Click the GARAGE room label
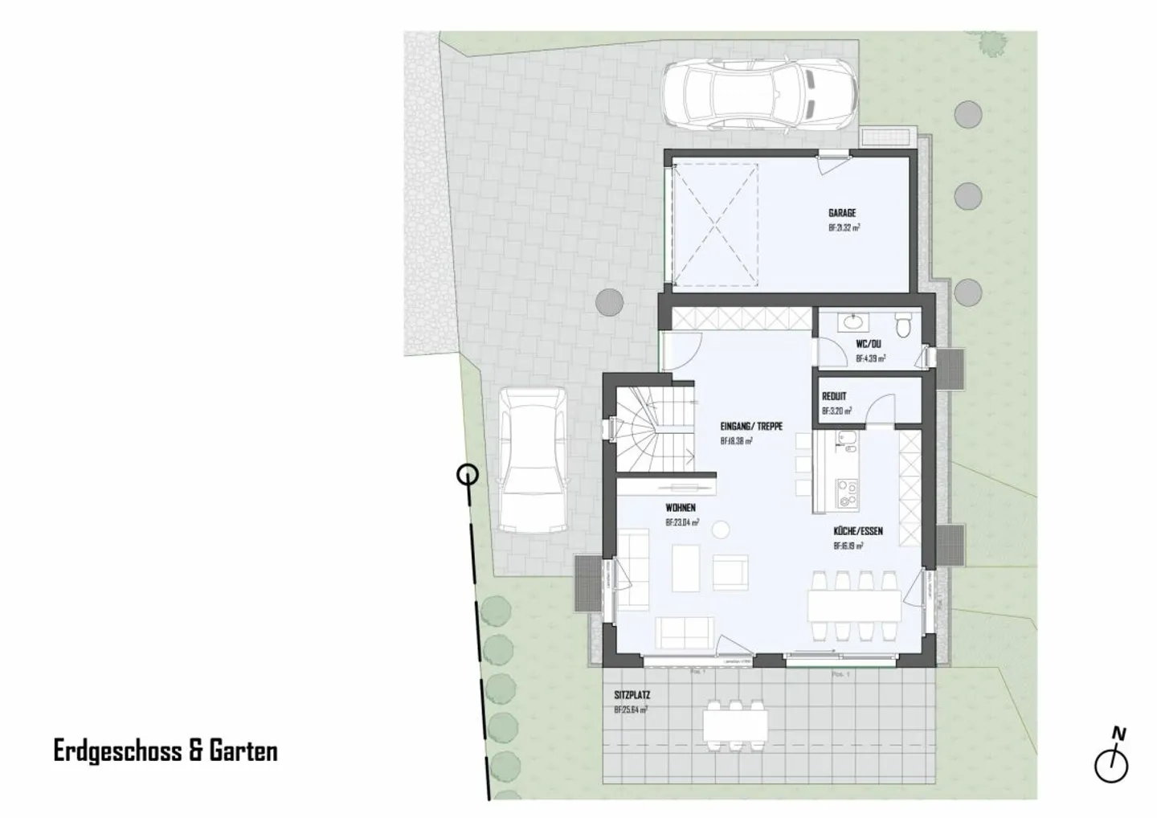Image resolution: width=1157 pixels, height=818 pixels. [842, 213]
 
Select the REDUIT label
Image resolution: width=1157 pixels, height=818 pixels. [833, 396]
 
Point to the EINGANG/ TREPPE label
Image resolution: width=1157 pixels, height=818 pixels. [751, 427]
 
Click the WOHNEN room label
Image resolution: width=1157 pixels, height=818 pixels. [680, 508]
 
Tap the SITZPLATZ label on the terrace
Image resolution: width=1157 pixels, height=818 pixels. [632, 695]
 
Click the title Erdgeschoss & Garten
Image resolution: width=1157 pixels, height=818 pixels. [166, 751]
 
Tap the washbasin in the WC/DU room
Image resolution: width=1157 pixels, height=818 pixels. [852, 323]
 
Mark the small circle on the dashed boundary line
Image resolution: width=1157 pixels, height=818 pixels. [467, 475]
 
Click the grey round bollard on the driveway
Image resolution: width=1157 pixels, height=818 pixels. [610, 302]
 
